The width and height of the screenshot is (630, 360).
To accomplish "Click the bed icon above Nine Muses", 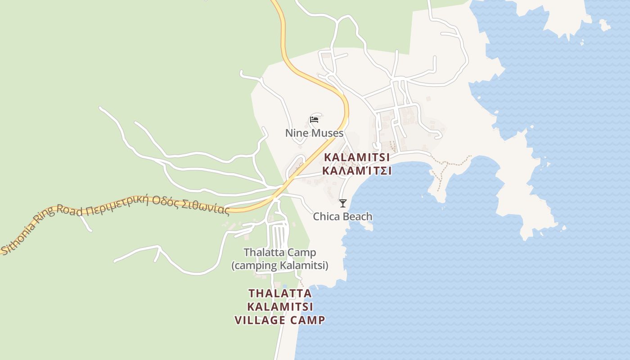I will [314, 120].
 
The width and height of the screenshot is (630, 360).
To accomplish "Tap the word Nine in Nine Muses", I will [295, 133].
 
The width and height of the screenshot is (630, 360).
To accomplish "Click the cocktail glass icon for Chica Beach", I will [343, 203].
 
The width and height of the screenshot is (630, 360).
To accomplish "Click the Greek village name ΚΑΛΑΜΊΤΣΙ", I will [356, 171].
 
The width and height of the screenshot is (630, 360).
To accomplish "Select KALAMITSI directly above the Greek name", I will [357, 158].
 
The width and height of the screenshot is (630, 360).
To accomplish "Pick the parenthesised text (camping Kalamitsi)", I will [280, 265].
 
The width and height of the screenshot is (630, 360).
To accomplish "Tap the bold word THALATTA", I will [280, 293].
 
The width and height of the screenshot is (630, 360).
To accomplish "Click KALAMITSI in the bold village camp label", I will [280, 307].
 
